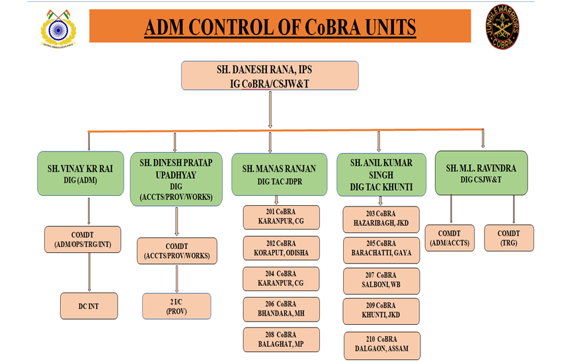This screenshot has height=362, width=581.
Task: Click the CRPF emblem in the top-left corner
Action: [58, 28]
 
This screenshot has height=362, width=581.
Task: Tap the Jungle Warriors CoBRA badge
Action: [503, 28]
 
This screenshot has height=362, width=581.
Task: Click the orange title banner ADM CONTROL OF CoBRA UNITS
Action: [280, 27]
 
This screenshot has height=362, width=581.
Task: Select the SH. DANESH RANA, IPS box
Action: [270, 75]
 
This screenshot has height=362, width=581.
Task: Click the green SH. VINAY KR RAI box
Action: [81, 173]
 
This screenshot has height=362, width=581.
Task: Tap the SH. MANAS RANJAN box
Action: [278, 173]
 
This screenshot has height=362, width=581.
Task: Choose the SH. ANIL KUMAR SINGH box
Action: [379, 174]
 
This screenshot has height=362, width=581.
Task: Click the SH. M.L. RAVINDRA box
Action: [481, 173]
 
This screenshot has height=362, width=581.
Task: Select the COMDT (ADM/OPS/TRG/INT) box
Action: [83, 240]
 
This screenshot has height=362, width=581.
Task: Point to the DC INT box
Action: [89, 306]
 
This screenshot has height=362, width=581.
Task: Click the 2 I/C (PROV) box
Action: [176, 306]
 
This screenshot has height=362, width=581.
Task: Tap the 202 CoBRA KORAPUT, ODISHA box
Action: [281, 248]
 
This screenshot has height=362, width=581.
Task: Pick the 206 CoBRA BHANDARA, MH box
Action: [281, 309]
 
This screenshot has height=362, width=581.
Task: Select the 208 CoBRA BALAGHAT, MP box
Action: [281, 339]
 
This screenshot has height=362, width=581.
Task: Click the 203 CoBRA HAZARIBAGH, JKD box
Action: [381, 219]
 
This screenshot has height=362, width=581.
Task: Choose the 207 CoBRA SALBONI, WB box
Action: [381, 281]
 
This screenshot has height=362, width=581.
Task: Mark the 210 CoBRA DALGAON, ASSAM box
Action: [381, 345]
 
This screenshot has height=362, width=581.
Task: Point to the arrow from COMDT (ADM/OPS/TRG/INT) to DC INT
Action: [89, 273]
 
